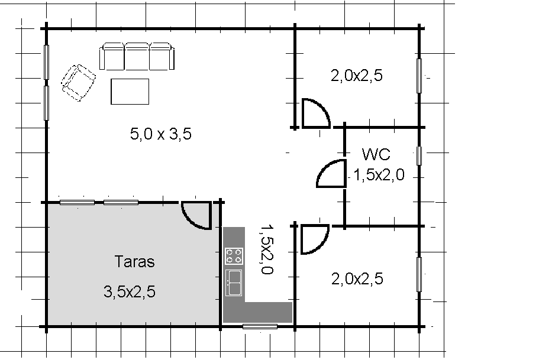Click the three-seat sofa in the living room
[x=137, y=56]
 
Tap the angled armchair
[x=78, y=83]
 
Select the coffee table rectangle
[x=130, y=92]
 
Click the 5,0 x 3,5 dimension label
[x=160, y=134]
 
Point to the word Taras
[x=134, y=261]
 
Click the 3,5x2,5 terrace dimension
[x=130, y=291]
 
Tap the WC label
[x=376, y=154]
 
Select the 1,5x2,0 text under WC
[x=379, y=175]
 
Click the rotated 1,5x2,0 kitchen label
[x=267, y=249]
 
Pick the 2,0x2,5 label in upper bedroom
[x=356, y=75]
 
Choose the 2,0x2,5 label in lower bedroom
[x=357, y=278]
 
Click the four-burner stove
[x=234, y=256]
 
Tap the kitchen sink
[x=234, y=283]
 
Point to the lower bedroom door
[x=321, y=244]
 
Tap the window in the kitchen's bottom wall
[x=260, y=326]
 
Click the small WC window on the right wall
[x=419, y=155]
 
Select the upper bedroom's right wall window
[x=419, y=76]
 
